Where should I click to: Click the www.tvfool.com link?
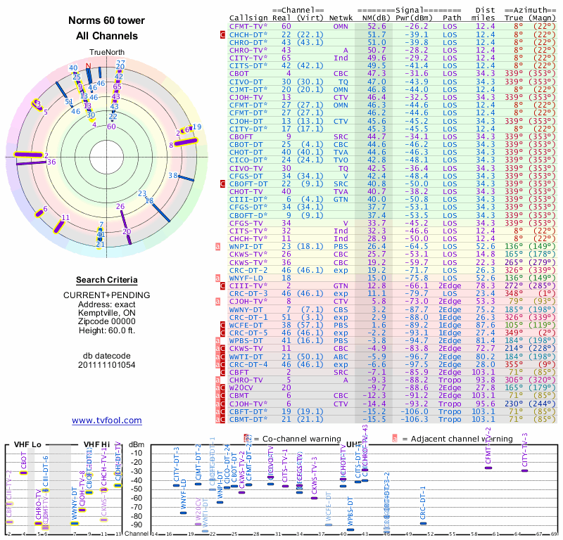coord(106,420)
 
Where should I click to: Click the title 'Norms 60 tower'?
coord(103,20)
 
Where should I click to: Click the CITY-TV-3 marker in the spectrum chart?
coord(524,470)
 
